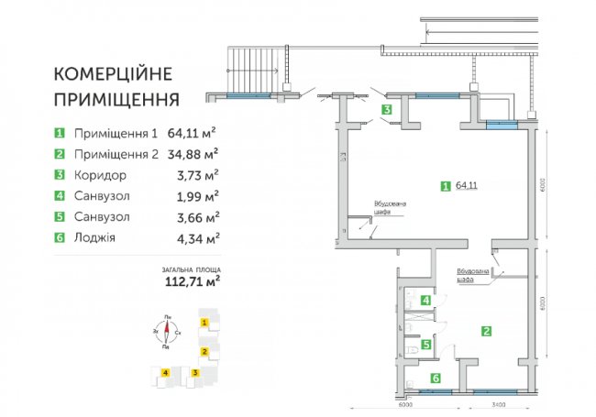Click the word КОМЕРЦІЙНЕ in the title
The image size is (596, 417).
tap(116, 73)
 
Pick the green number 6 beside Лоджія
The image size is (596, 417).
tap(59, 237)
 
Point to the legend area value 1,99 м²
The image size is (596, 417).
tap(197, 195)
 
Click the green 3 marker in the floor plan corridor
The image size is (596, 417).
tap(388, 110)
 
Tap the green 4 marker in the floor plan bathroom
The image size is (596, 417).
tap(425, 300)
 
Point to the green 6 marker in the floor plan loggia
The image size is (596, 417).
tap(436, 378)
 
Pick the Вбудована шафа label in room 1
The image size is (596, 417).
tap(385, 208)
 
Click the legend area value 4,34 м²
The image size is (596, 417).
tap(197, 237)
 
